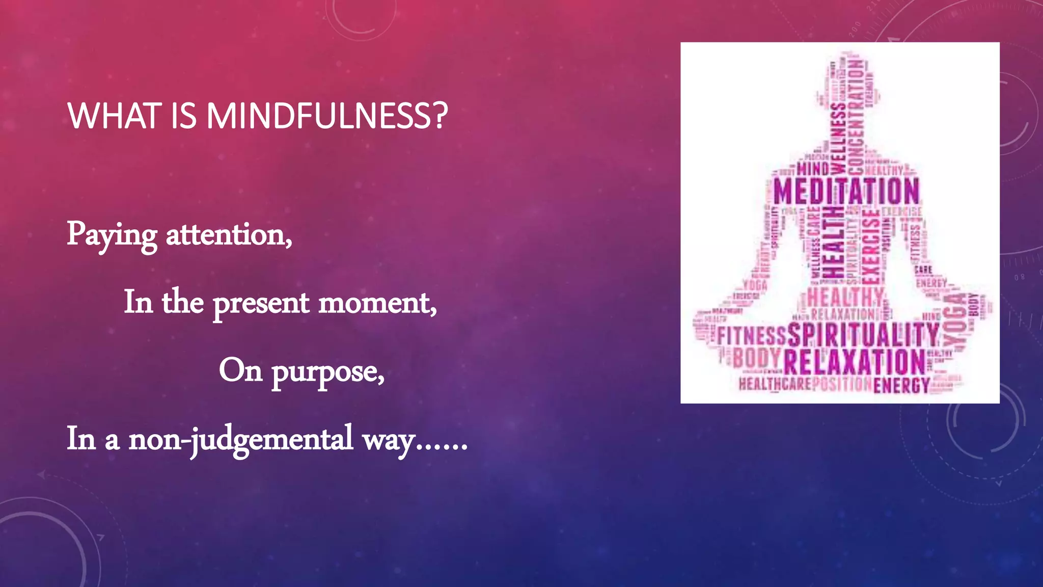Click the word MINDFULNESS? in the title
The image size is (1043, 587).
(326, 116)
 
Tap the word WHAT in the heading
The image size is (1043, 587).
(114, 116)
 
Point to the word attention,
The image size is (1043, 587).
(229, 235)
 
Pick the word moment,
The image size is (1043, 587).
(377, 303)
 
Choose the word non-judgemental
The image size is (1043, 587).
(240, 439)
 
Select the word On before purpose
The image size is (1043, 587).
(240, 370)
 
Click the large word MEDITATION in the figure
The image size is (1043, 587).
(846, 192)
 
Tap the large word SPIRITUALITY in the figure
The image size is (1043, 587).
(863, 335)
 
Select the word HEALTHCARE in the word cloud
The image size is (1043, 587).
(775, 384)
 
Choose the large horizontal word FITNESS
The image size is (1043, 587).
(752, 336)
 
